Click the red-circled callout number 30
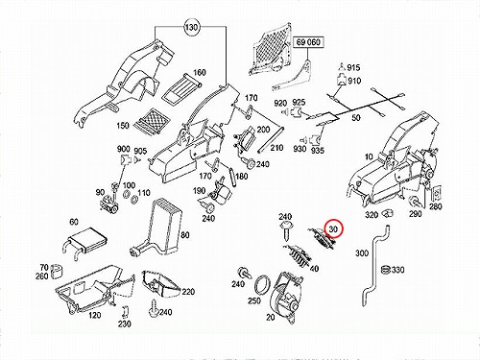click(x=333, y=229)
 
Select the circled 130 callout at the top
click(x=191, y=27)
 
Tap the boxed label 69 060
click(x=308, y=42)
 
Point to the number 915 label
click(x=353, y=67)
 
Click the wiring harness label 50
click(x=356, y=118)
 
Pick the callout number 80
click(x=185, y=235)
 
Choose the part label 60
click(x=74, y=222)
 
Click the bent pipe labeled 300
click(x=374, y=266)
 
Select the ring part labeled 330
click(x=387, y=270)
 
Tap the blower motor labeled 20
click(x=286, y=298)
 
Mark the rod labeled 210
click(x=271, y=140)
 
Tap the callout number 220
click(x=188, y=292)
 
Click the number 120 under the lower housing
click(x=95, y=316)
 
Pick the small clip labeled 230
click(x=126, y=312)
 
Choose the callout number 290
click(x=415, y=213)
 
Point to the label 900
click(x=124, y=149)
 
